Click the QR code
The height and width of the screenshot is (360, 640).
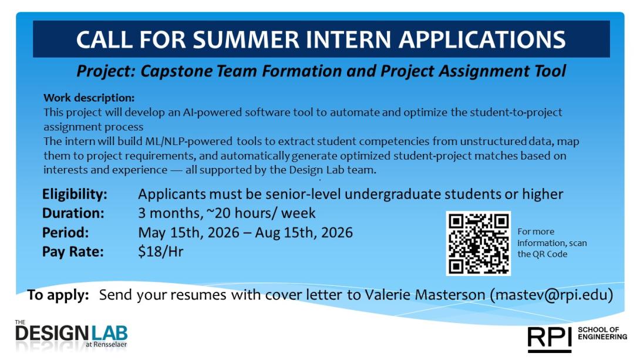click(x=478, y=243)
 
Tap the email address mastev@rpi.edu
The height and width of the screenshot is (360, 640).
click(x=551, y=294)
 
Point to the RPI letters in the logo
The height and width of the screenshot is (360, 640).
click(x=549, y=337)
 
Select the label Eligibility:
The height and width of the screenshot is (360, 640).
click(x=75, y=194)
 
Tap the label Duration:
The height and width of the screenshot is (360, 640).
click(x=73, y=213)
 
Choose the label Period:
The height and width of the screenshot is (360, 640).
click(x=65, y=232)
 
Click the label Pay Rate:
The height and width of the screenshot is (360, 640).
click(x=72, y=251)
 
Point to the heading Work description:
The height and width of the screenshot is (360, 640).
click(x=89, y=97)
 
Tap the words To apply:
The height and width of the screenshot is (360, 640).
click(x=58, y=294)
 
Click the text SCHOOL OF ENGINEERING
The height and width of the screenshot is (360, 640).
click(x=602, y=333)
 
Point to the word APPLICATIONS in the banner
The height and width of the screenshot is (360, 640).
click(x=481, y=39)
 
